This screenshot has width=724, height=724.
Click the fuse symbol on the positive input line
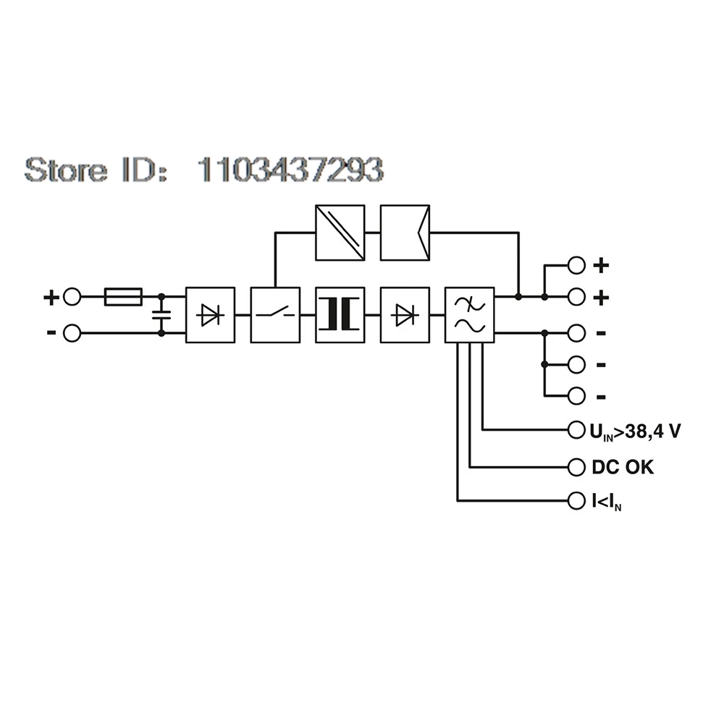tap(123, 297)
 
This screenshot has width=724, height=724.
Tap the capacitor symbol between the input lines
tap(161, 315)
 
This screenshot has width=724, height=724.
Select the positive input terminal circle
tap(72, 297)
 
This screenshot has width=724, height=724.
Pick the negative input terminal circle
tap(72, 333)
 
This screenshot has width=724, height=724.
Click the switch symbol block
tap(275, 315)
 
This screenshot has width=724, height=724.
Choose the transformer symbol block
tap(340, 315)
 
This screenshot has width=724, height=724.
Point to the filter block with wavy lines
tap(470, 315)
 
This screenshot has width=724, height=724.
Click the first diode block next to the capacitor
tap(210, 315)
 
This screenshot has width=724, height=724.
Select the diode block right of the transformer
tap(405, 315)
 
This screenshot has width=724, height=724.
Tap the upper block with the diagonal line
tap(340, 232)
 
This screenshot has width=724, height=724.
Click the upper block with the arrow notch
tap(405, 232)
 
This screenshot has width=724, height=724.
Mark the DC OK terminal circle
tap(576, 467)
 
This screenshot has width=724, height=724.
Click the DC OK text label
tap(623, 467)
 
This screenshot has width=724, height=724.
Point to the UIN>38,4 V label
tap(636, 432)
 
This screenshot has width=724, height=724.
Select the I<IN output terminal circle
tap(576, 500)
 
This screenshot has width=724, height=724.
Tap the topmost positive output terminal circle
tap(576, 266)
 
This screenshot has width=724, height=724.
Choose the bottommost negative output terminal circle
tap(576, 396)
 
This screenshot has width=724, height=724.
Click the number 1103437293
tap(290, 169)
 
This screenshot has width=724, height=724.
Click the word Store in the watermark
tap(66, 169)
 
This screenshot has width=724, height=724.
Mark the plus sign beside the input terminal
tap(51, 298)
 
